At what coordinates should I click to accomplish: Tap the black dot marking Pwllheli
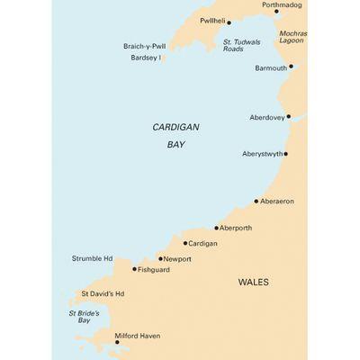[229, 23]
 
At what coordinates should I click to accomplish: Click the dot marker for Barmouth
[291, 67]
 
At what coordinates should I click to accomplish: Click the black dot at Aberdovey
[288, 117]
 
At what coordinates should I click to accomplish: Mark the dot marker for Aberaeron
[256, 202]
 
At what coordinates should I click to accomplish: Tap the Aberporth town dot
[217, 229]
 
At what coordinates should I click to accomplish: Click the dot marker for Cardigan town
[185, 243]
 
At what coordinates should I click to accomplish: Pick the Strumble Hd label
[92, 259]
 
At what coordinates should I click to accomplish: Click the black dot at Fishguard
[135, 269]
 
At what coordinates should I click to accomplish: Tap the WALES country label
[253, 282]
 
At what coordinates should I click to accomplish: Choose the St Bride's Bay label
[85, 316]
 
